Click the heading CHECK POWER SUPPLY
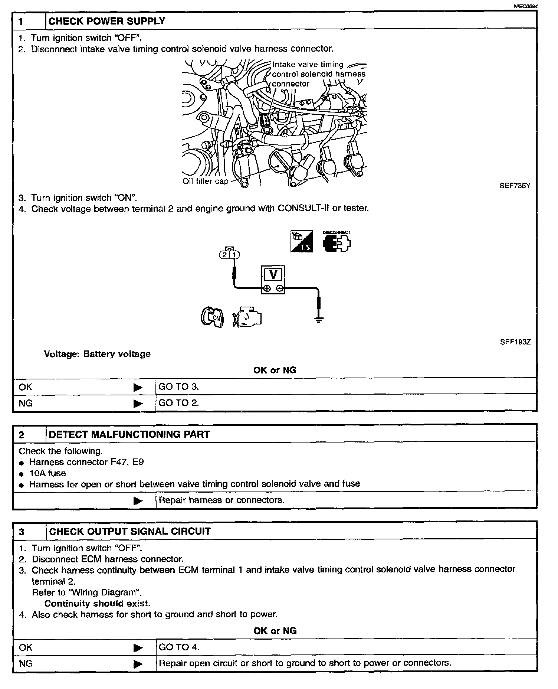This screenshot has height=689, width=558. pyautogui.click(x=107, y=21)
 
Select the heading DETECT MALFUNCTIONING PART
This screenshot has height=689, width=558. pyautogui.click(x=129, y=434)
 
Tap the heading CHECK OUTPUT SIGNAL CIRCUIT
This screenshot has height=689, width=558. pyautogui.click(x=129, y=532)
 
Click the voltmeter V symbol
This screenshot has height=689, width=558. pyautogui.click(x=273, y=275)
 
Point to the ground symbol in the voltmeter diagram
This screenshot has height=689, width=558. pyautogui.click(x=318, y=319)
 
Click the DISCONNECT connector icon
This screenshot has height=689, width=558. pyautogui.click(x=337, y=242)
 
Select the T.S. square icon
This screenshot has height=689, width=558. pyautogui.click(x=301, y=242)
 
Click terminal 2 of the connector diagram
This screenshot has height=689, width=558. pyautogui.click(x=225, y=255)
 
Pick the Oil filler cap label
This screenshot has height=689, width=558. pyautogui.click(x=205, y=182)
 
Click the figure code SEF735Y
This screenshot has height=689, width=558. pyautogui.click(x=515, y=186)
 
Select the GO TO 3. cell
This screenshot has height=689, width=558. pyautogui.click(x=179, y=387)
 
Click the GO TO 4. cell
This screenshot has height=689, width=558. pyautogui.click(x=179, y=647)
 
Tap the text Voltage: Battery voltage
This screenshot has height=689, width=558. pyautogui.click(x=97, y=354)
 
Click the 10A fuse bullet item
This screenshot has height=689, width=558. pyautogui.click(x=47, y=473)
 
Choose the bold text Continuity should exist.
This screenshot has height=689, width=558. pyautogui.click(x=97, y=604)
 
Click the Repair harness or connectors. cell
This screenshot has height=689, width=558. pyautogui.click(x=221, y=500)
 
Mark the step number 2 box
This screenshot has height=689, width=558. pyautogui.click(x=22, y=435)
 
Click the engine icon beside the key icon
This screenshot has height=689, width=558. pyautogui.click(x=247, y=317)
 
